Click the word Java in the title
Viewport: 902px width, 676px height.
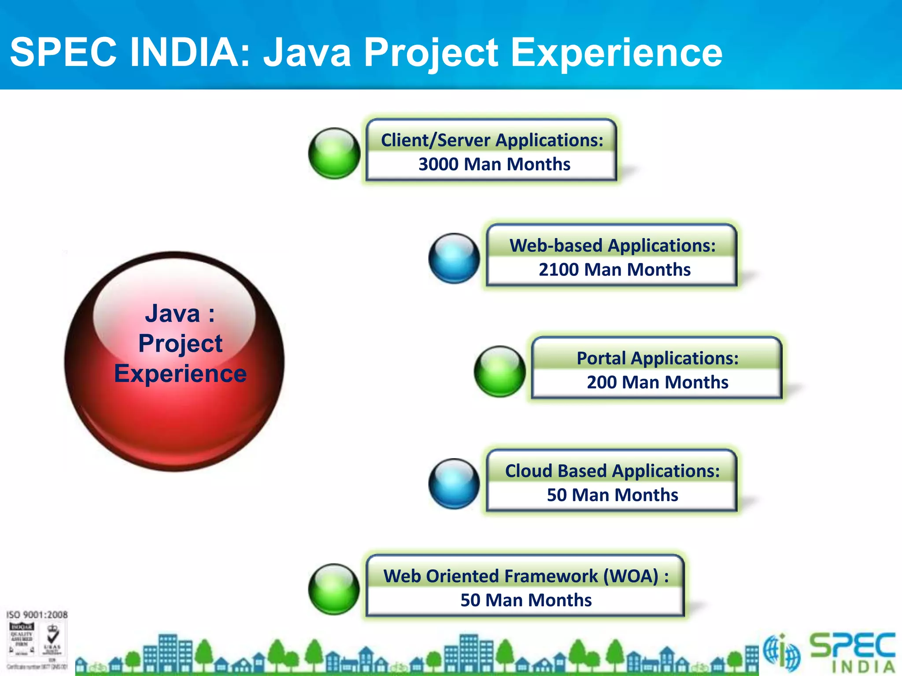point(307,53)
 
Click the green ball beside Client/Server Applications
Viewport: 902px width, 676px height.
point(334,153)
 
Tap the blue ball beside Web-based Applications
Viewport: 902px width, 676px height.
point(454,258)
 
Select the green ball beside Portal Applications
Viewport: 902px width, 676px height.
point(499,371)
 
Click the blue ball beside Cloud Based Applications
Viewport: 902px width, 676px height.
point(454,484)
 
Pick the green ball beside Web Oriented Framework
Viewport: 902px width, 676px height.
point(334,589)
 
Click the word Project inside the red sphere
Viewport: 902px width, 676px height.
point(180,344)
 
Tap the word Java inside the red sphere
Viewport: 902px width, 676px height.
point(172,314)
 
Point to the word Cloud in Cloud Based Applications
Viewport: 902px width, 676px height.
point(529,471)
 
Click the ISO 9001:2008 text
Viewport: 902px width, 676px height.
point(37,615)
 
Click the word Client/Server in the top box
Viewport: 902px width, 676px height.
point(435,140)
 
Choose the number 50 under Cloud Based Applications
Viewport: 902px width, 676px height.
point(556,495)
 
